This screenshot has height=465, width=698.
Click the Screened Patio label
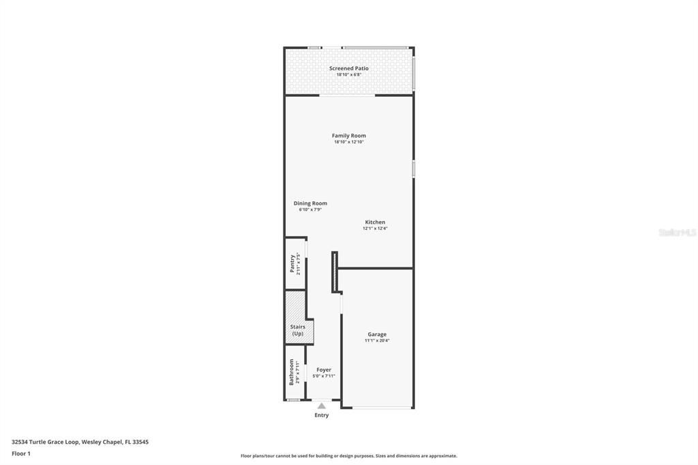(348, 68)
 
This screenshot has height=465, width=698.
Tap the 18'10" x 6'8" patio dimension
(348, 74)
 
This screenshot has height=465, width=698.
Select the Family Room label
(348, 136)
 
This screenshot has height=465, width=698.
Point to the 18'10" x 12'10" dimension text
(348, 142)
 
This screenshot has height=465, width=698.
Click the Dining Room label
(310, 203)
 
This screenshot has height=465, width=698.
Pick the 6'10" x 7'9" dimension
(310, 209)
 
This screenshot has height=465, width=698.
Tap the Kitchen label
(375, 222)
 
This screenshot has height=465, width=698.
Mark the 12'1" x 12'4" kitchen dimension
(375, 228)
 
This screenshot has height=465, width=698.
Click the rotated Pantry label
(292, 264)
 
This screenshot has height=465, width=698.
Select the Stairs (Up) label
(298, 330)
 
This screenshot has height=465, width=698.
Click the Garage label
(377, 334)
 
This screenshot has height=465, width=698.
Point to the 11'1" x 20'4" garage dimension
(377, 340)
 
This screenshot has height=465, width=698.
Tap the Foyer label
(324, 370)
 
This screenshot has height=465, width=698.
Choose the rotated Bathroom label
(291, 372)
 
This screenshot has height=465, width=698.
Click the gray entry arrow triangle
(322, 406)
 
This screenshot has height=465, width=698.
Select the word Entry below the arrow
(322, 415)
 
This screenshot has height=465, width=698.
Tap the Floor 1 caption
(21, 453)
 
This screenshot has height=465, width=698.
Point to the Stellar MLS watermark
(677, 232)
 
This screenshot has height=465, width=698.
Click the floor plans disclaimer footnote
(348, 455)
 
